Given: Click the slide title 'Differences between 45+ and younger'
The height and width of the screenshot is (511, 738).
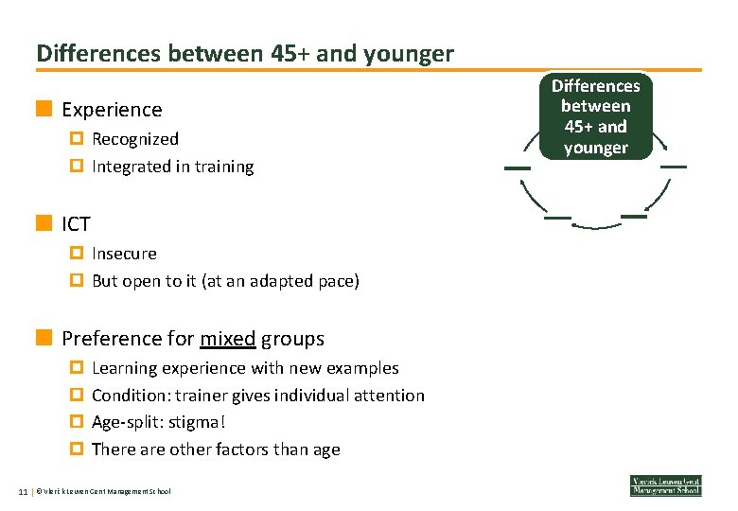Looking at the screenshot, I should click(245, 54).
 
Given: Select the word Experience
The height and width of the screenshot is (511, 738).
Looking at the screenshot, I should click(112, 110).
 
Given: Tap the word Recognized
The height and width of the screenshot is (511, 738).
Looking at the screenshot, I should click(135, 139).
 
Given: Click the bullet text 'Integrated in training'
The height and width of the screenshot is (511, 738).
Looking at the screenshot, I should click(172, 167).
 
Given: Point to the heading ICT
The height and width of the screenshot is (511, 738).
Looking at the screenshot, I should click(76, 224).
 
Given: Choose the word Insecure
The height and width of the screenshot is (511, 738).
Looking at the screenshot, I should click(124, 254).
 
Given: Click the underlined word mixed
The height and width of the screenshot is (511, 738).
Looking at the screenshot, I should click(227, 339).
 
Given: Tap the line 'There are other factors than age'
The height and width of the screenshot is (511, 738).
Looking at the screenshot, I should click(216, 449).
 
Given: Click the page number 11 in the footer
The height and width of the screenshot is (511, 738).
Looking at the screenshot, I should click(24, 491).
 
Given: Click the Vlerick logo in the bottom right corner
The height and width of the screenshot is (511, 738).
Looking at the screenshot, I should click(666, 485).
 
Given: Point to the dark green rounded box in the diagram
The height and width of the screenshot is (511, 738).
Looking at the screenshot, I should click(595, 116).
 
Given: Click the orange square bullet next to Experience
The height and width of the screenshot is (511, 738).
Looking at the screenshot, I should click(44, 109).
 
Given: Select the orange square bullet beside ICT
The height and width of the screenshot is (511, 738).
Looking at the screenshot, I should click(44, 223).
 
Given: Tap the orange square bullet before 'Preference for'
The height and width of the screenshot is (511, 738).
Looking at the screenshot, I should click(44, 338).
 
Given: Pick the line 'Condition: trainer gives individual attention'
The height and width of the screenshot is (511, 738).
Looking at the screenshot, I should click(257, 396).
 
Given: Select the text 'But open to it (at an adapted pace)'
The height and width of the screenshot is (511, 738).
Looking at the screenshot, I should click(225, 281).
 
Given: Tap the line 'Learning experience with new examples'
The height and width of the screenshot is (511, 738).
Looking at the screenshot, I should click(245, 368).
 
